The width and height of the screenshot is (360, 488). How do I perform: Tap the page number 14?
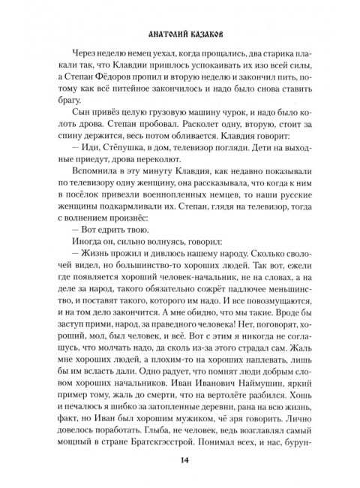(180, 460)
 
